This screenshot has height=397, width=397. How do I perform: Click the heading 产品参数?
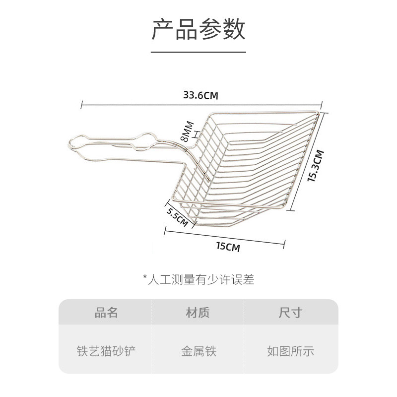click(198, 30)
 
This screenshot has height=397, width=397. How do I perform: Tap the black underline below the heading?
click(198, 51)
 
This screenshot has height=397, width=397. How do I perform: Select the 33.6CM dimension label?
click(201, 95)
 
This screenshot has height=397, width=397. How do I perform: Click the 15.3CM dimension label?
click(316, 166)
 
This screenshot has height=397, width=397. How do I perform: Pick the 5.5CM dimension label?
click(177, 217)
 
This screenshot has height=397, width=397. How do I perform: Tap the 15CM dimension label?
click(228, 247)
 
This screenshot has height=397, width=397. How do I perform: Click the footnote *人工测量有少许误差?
click(198, 280)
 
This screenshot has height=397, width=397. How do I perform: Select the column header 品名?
click(106, 313)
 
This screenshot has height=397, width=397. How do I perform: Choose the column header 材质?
click(198, 313)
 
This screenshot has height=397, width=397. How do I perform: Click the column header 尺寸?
click(290, 313)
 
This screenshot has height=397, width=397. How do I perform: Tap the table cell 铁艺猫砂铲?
click(106, 351)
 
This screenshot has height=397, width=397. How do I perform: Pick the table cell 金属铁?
click(198, 351)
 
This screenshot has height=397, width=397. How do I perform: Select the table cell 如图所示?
click(290, 351)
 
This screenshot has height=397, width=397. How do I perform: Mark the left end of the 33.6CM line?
click(81, 104)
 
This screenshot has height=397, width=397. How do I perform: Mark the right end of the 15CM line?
click(284, 244)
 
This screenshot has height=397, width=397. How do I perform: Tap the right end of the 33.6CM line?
click(322, 104)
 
